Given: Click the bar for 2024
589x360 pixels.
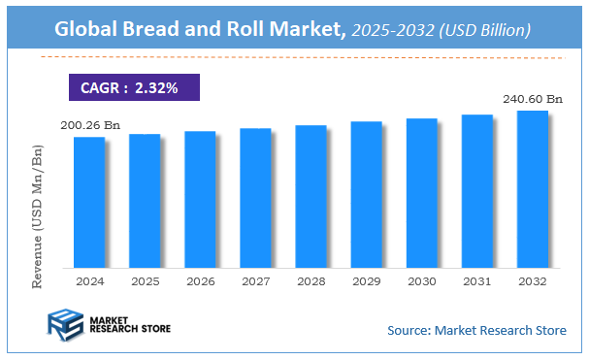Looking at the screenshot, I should [x=89, y=202].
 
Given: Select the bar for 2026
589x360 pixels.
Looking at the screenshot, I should [x=200, y=199].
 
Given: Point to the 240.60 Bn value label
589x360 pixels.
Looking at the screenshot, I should [x=533, y=98].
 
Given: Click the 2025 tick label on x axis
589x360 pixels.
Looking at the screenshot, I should [x=145, y=281].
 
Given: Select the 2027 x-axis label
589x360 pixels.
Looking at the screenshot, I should [x=255, y=281].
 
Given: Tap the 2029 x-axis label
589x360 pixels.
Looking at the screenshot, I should [x=366, y=281].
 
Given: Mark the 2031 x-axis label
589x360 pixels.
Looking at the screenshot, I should [x=476, y=281].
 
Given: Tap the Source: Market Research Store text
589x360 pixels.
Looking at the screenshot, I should [x=476, y=331].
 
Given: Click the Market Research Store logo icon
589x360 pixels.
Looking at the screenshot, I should [x=64, y=327].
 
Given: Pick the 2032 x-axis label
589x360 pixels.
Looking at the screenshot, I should [x=532, y=281].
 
